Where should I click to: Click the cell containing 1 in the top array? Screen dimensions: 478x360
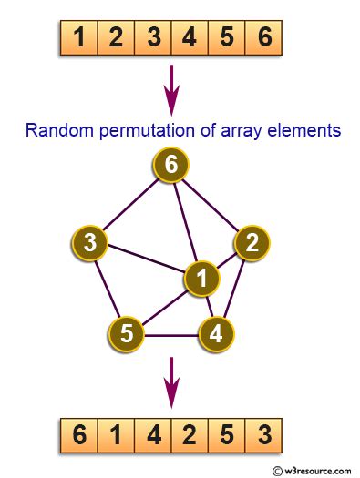[80, 38]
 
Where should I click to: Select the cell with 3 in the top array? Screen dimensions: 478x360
[153, 38]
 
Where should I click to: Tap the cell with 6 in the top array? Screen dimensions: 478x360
[264, 38]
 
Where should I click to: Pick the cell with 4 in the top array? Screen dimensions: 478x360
[190, 38]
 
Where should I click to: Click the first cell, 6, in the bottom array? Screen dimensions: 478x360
[80, 436]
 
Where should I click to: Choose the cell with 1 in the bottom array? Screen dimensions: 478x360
[117, 436]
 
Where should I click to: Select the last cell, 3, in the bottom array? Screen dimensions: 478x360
[264, 436]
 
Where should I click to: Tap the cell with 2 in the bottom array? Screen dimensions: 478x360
[190, 436]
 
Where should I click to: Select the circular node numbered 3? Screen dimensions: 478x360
[90, 243]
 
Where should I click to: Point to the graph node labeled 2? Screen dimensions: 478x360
[252, 241]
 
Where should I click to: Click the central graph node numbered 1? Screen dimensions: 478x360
[201, 279]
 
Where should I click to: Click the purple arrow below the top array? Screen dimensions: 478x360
[171, 88]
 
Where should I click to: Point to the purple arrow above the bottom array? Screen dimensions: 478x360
[171, 381]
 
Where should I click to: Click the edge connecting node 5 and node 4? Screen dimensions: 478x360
[171, 336]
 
